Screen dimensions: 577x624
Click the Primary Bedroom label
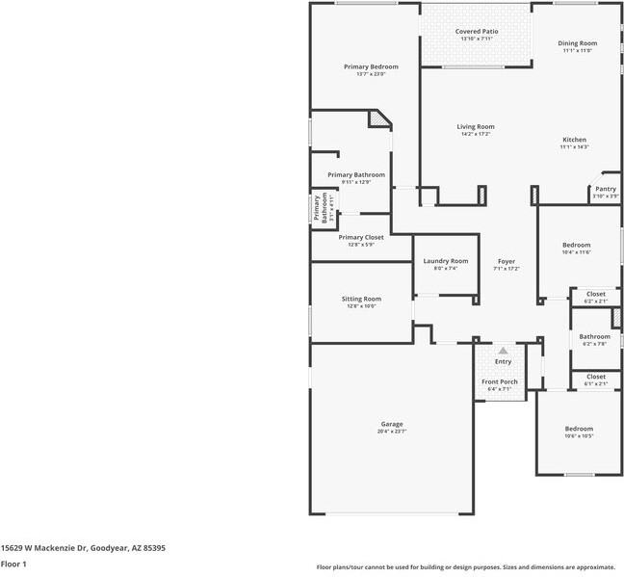click(x=371, y=66)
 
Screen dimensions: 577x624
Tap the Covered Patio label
click(x=477, y=32)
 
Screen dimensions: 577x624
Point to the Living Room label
click(x=476, y=126)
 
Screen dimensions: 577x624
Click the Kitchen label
click(x=575, y=140)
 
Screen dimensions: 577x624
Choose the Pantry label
click(x=606, y=189)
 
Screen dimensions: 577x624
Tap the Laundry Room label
click(x=445, y=260)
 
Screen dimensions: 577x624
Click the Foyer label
click(x=507, y=261)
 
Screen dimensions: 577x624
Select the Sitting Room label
click(x=361, y=299)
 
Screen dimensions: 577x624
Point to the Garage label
click(x=392, y=424)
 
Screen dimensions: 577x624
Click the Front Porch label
click(x=500, y=381)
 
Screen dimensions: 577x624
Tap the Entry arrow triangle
click(x=503, y=350)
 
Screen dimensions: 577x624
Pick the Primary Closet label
click(x=361, y=237)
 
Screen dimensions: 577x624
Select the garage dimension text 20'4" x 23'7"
click(x=392, y=432)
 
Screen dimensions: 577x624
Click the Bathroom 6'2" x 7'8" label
click(x=595, y=336)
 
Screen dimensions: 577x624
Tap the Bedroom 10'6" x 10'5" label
click(x=579, y=429)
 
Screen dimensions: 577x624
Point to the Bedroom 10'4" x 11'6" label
click(x=577, y=245)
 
